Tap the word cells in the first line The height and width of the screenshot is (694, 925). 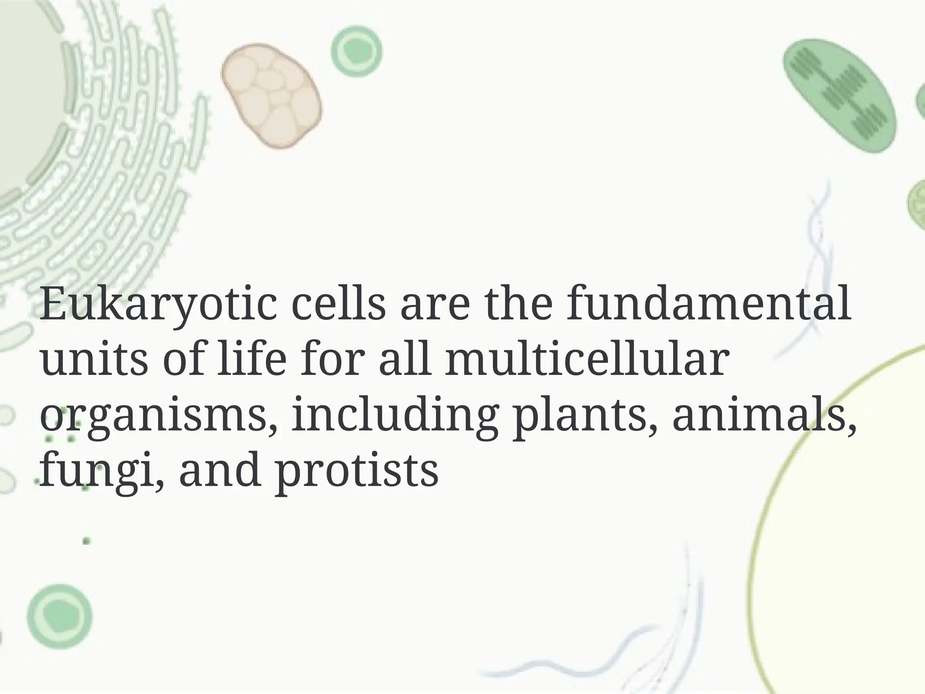coord(340,304)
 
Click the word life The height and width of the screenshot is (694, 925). coord(251,358)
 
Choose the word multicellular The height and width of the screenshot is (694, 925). coord(587,358)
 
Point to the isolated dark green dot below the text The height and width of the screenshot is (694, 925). coord(86,540)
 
